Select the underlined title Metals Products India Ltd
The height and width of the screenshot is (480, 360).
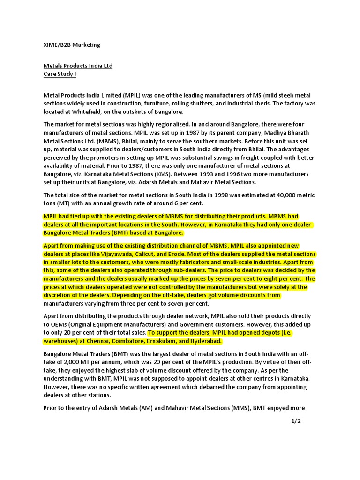78,66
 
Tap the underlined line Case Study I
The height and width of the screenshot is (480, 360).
60,74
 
